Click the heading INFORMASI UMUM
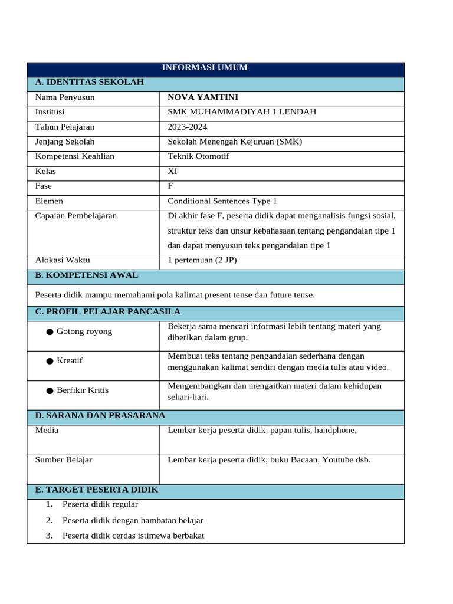(205, 67)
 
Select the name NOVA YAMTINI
(203, 97)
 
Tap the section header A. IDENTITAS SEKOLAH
(90, 82)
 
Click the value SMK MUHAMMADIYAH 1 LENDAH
(242, 112)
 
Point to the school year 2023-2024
(188, 127)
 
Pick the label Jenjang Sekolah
(65, 142)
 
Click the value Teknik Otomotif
(198, 156)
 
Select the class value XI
(172, 171)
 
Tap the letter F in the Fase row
(170, 186)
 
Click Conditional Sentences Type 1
(222, 201)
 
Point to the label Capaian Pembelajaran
(76, 216)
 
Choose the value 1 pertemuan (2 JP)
(202, 260)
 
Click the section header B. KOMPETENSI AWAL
(87, 275)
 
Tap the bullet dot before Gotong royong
(50, 332)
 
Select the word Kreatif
(70, 360)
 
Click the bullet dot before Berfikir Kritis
(50, 390)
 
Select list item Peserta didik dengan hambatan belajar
(133, 520)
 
